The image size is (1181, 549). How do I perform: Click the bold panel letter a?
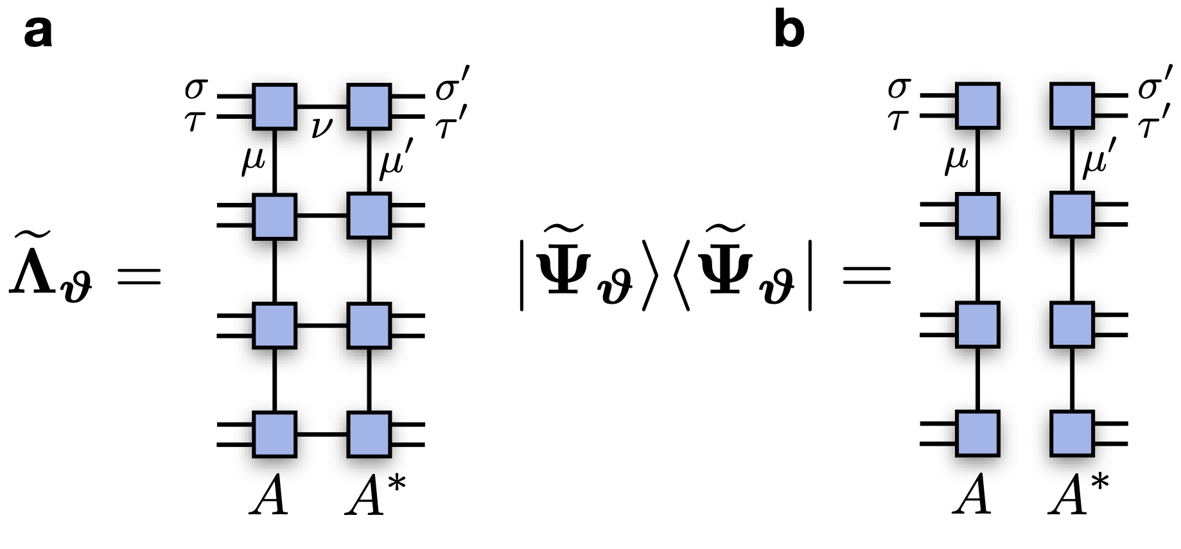tap(38, 32)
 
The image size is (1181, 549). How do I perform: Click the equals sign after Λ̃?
tap(137, 277)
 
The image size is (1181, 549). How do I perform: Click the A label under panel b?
tap(971, 496)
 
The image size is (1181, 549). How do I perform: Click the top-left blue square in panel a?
tap(274, 107)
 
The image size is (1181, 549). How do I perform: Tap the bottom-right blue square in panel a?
tap(369, 435)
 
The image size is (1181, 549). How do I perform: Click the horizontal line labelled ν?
tap(322, 106)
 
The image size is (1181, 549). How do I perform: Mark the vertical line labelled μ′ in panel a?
tap(369, 161)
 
